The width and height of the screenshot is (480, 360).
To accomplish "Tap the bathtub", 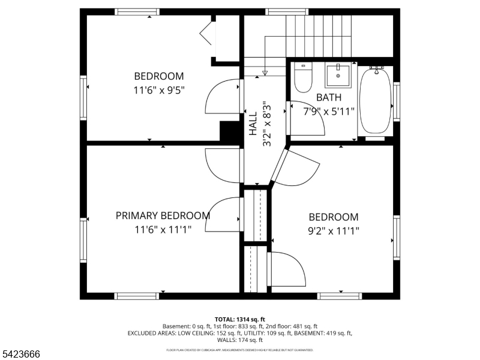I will click(x=375, y=102).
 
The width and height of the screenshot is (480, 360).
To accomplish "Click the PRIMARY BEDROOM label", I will click(x=163, y=215).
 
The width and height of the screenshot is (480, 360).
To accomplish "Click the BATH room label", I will click(x=329, y=97).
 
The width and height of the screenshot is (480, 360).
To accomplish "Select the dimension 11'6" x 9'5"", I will click(x=158, y=91).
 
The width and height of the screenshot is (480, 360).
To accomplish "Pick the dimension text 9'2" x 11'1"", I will click(x=334, y=230).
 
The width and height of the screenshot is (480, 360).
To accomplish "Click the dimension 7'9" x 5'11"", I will click(x=329, y=111).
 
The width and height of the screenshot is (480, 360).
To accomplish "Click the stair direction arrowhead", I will click(x=265, y=73).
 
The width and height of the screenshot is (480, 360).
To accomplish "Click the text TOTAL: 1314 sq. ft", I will click(x=240, y=319).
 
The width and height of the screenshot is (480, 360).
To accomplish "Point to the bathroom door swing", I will click(x=309, y=117).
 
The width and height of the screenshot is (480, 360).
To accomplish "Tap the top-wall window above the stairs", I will click(x=283, y=11).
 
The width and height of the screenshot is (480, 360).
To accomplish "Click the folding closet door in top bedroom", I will click(x=207, y=34).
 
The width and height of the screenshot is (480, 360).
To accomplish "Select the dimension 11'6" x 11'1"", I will click(x=163, y=229).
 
